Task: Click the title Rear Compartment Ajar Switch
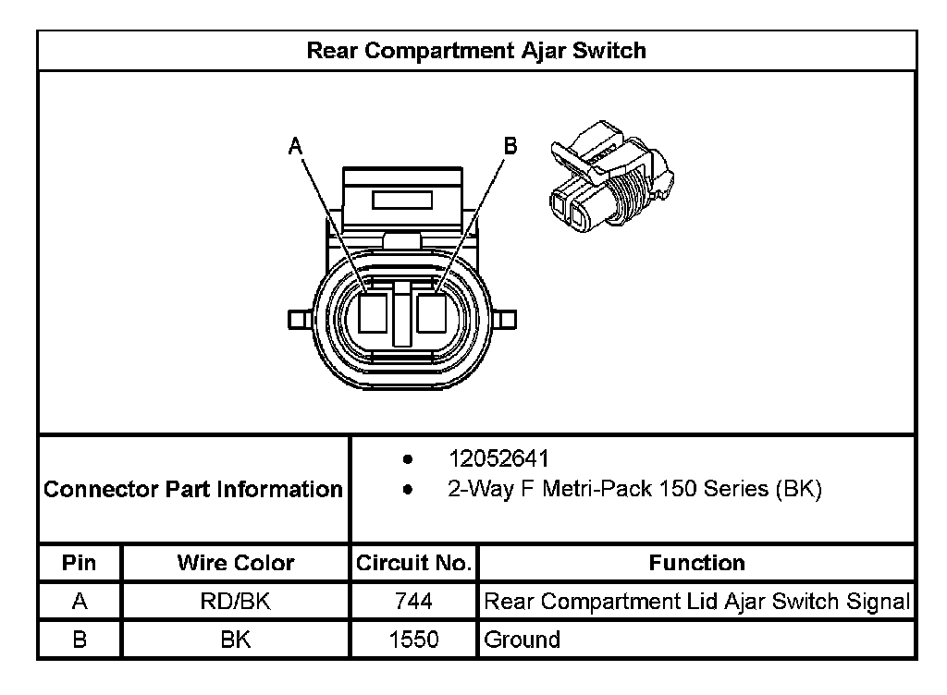tap(476, 50)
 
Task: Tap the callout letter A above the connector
tap(295, 145)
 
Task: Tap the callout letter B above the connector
tap(510, 145)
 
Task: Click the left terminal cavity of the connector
tap(374, 312)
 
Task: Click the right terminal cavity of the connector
tap(432, 312)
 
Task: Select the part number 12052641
tap(498, 459)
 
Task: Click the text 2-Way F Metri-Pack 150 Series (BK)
tap(634, 489)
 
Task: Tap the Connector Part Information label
tap(193, 489)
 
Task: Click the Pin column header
tap(80, 563)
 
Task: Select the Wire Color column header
tap(235, 563)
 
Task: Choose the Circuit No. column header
tap(413, 563)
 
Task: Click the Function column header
tap(696, 563)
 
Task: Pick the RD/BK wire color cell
tap(235, 602)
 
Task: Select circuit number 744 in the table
tap(413, 602)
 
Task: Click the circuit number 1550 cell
tap(413, 640)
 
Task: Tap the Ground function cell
tap(523, 640)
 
